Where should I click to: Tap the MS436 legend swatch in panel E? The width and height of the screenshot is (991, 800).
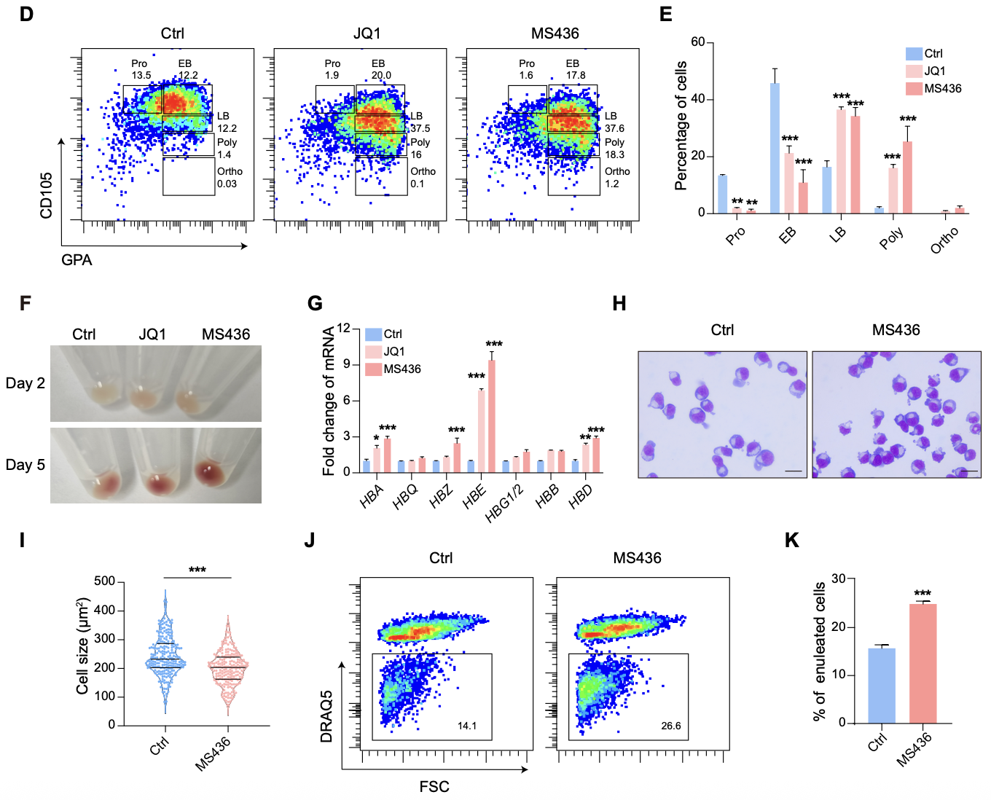pos(914,89)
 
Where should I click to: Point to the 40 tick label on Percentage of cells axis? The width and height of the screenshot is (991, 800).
pos(697,99)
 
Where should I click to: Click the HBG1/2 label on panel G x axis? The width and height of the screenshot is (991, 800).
pos(505,503)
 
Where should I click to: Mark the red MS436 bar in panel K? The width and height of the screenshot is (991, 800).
pos(923,663)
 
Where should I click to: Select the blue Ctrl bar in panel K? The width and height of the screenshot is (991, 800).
pos(882,685)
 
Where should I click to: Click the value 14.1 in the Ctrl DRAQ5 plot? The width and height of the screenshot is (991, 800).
pos(467,726)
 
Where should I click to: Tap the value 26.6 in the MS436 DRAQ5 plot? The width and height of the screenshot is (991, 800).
pos(671,726)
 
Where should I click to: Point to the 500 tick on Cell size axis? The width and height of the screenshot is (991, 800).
pos(105,581)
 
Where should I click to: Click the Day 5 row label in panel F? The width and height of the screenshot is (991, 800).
pos(26,465)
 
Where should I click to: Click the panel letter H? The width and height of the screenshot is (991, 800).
pos(619,304)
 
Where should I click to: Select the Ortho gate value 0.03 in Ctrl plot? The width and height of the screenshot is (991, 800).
pos(227,184)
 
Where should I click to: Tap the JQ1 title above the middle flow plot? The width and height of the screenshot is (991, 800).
pos(367,34)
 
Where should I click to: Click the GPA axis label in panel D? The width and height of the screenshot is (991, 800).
pos(77,260)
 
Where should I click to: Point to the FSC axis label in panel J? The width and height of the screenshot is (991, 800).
pos(434,787)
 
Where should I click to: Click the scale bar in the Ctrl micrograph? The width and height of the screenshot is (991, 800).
pos(793,471)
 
